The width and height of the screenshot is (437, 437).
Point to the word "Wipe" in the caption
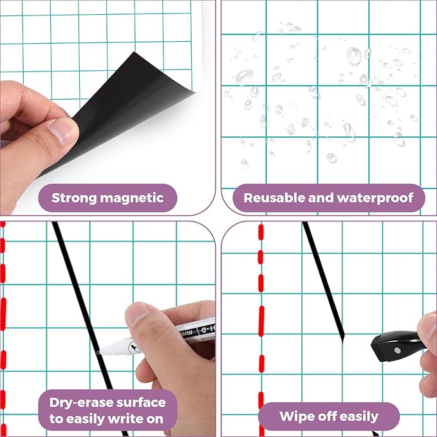[298, 416]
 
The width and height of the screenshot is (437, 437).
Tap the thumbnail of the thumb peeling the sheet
[65, 131]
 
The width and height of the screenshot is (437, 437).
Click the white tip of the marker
[105, 352]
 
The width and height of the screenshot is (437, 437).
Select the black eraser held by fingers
[394, 348]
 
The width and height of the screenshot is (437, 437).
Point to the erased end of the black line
[342, 335]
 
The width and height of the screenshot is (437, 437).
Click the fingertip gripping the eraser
[428, 328]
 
